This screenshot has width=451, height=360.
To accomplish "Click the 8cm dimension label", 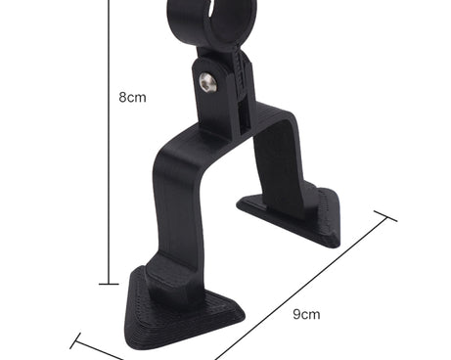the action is point(132,97).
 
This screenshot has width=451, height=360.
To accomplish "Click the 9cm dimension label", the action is point(306,314).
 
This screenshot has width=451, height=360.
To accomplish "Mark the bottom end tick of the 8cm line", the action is point(109,284).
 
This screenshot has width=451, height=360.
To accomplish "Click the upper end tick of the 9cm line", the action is point(385,216).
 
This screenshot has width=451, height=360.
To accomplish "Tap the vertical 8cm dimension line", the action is point(109,142).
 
